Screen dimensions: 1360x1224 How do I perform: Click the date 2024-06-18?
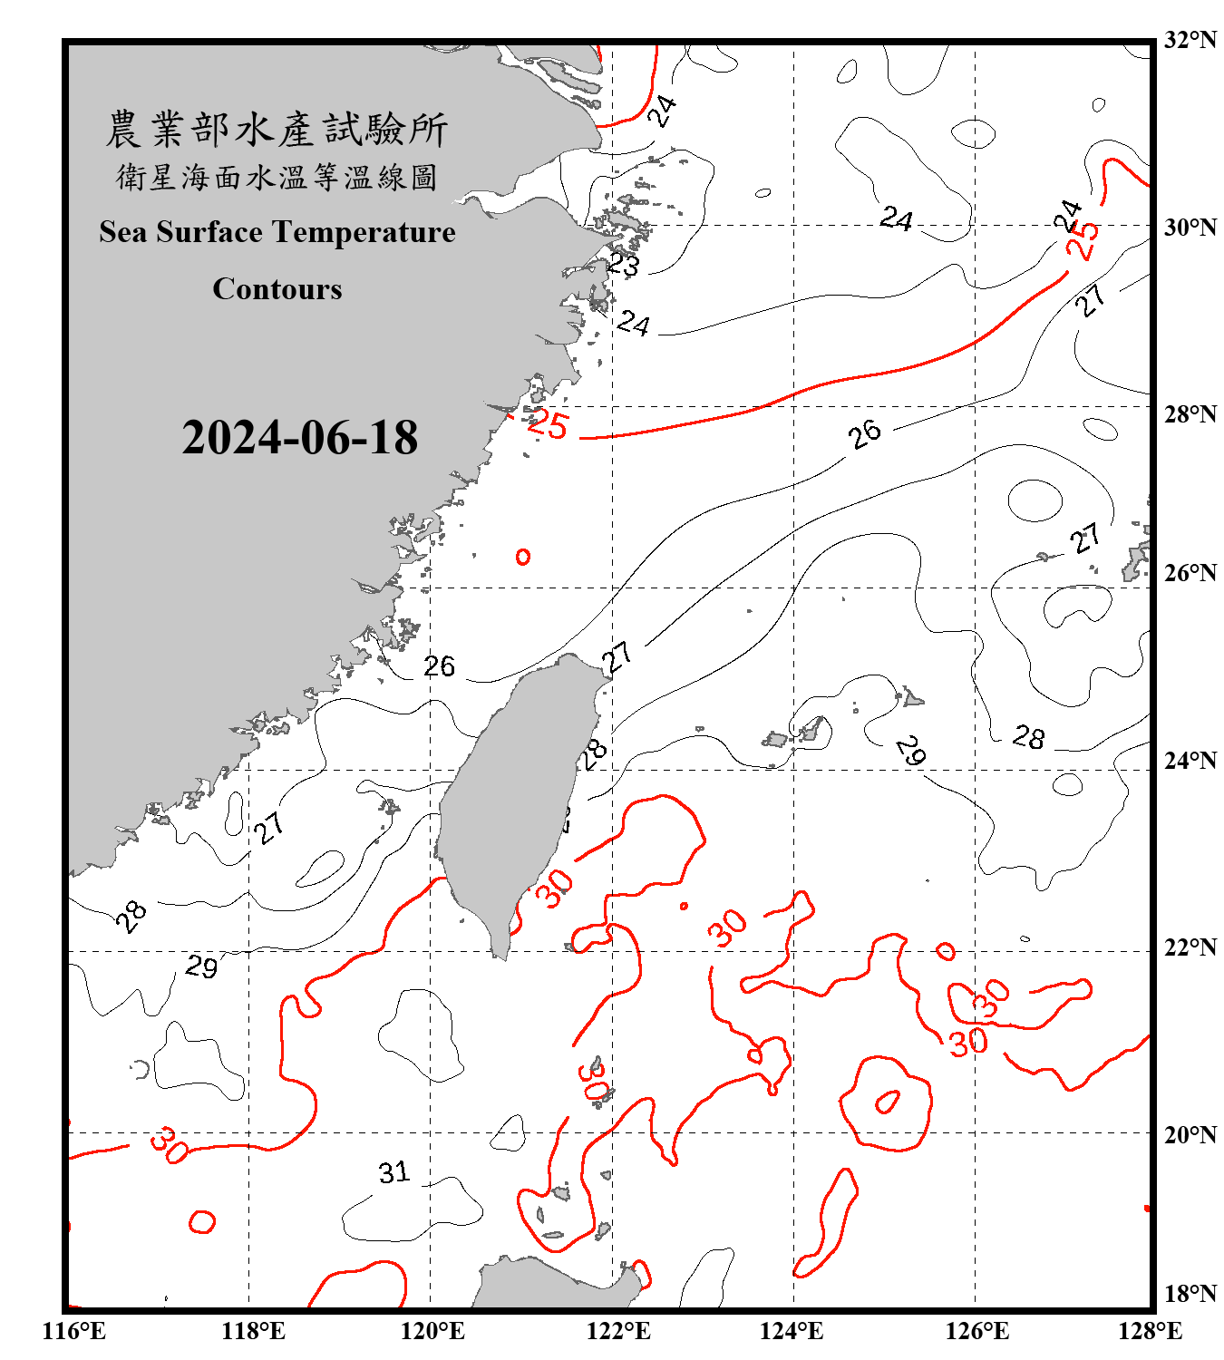point(299,438)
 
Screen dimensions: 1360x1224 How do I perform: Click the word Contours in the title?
point(277,289)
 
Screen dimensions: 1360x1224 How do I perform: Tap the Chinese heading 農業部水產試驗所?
point(277,130)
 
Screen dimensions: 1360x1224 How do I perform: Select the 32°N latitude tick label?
point(1190,40)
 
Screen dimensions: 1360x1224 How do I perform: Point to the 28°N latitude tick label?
point(1190,414)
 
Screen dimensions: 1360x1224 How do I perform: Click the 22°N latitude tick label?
point(1190,947)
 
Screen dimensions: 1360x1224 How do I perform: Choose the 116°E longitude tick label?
point(74,1331)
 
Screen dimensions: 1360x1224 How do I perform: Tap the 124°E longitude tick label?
point(792,1331)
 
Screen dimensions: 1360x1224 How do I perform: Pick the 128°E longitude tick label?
point(1150,1331)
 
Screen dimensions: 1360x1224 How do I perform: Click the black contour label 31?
point(393,1172)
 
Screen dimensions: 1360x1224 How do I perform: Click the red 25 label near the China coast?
point(548,423)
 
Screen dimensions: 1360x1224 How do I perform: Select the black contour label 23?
point(623,265)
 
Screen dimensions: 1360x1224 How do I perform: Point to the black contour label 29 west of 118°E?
point(201,967)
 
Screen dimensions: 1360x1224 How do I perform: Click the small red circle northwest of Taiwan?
point(523,557)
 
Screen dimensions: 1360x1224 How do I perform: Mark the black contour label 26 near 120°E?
point(440,666)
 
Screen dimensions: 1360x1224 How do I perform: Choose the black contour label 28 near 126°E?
point(1029,737)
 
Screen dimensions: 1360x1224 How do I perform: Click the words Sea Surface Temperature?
point(277,232)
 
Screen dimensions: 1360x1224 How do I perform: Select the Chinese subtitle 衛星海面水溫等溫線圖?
point(277,178)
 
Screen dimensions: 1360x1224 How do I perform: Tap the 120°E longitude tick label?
point(432,1331)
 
